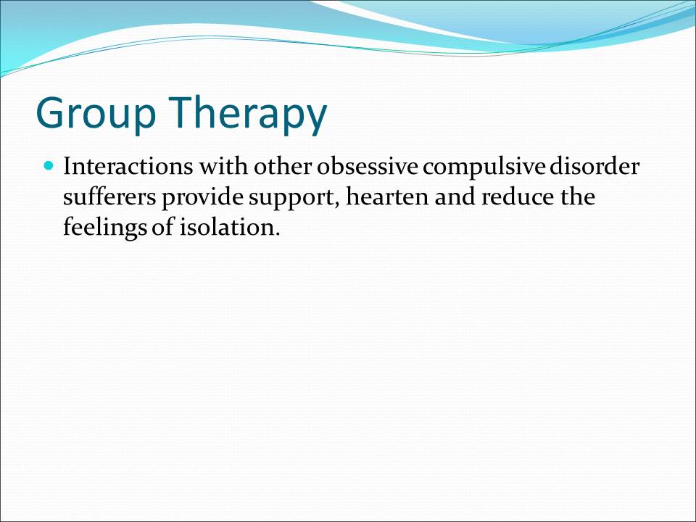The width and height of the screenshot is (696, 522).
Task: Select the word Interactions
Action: click(x=128, y=167)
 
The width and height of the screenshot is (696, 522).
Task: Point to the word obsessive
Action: click(x=367, y=167)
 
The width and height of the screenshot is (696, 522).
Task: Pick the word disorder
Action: click(x=594, y=167)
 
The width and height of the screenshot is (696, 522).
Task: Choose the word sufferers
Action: click(x=109, y=196)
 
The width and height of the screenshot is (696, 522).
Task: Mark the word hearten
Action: click(x=387, y=196)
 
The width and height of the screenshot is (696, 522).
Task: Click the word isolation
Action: click(x=230, y=227)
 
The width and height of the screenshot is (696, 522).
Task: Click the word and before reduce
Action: click(x=455, y=196)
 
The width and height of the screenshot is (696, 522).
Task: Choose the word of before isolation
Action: click(x=163, y=227)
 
